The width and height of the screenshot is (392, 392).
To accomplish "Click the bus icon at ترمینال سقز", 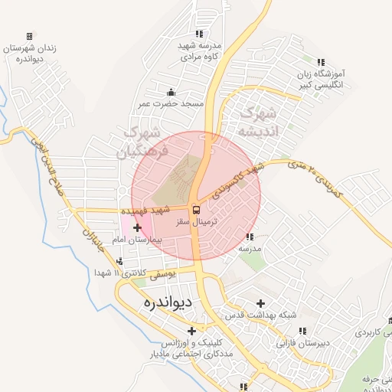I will point(196,210).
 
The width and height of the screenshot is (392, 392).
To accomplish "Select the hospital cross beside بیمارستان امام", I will point(137,227).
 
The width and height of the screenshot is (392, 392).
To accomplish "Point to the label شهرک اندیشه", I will point(258,122).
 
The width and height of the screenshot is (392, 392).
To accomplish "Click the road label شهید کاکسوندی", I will point(237,181).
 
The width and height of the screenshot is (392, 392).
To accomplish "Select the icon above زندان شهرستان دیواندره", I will point(29,36).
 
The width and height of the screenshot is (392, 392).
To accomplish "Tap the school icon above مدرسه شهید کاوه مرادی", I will point(200,34).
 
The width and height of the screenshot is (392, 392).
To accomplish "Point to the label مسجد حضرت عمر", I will point(171,103).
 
